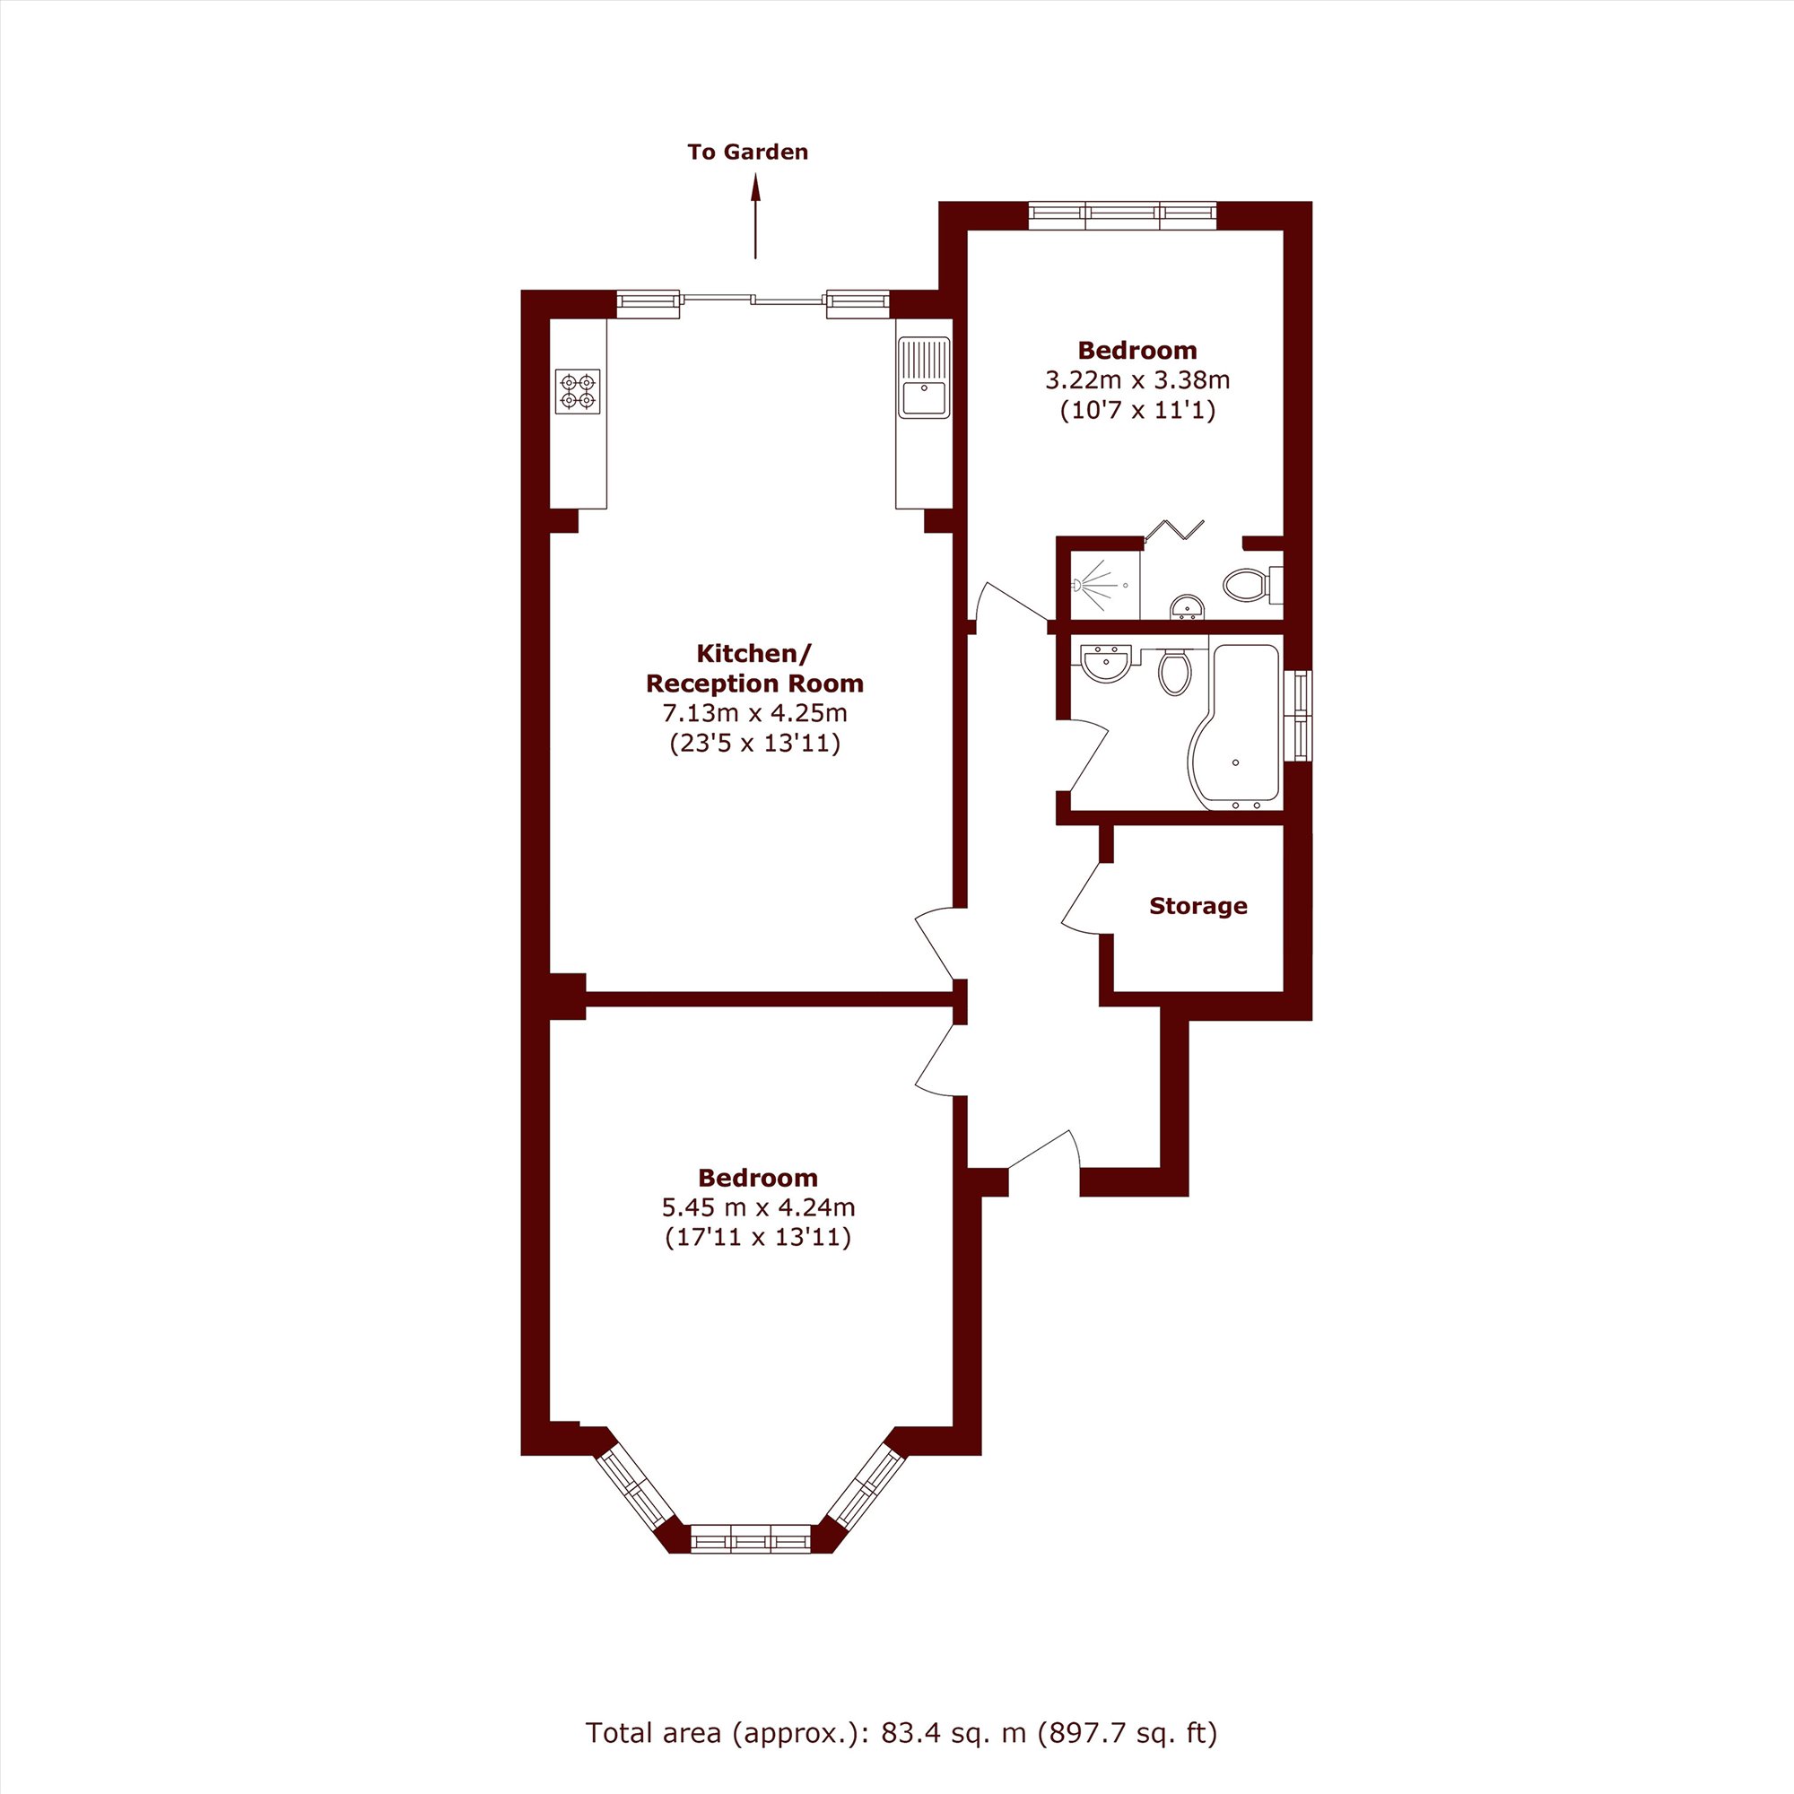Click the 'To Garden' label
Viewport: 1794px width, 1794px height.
click(x=747, y=152)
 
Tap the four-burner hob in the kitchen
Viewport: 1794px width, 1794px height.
click(x=578, y=391)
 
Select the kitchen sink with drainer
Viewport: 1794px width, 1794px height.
click(x=924, y=377)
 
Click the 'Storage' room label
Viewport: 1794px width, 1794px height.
click(x=1197, y=905)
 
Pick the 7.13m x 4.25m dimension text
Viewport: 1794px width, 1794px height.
click(x=755, y=713)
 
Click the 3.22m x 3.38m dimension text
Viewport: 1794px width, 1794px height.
click(x=1137, y=379)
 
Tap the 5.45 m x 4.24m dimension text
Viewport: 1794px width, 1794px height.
click(x=758, y=1207)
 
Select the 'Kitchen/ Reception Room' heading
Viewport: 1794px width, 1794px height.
click(x=755, y=667)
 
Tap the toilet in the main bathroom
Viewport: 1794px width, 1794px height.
click(x=1175, y=671)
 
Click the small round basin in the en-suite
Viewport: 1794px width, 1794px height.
click(x=1187, y=606)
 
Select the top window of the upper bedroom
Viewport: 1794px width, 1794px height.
click(x=1122, y=215)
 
